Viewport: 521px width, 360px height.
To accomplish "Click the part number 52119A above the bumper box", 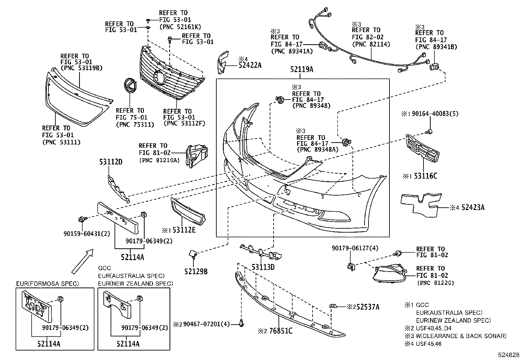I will click(302, 69).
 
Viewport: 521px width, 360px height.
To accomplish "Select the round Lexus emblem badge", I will click(131, 89).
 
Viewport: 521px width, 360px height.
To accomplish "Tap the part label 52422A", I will click(250, 65).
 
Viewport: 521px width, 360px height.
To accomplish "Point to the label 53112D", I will click(111, 161).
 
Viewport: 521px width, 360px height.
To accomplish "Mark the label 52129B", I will click(196, 271).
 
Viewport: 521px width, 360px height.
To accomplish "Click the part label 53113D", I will click(263, 267).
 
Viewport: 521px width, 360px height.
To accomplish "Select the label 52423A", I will click(473, 207).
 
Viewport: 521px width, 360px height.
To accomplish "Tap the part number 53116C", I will click(425, 176).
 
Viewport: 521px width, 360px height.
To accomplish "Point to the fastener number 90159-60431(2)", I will click(87, 234).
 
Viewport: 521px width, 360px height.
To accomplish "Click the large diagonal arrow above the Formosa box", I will click(82, 261).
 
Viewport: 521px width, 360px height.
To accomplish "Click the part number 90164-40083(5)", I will click(435, 114).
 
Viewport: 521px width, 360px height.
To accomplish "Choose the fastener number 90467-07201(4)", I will click(207, 324).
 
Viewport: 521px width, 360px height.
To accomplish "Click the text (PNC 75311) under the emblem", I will click(135, 124).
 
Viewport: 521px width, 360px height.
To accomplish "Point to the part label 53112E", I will click(184, 230).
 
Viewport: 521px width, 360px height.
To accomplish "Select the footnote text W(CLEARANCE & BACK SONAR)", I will click(461, 336).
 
